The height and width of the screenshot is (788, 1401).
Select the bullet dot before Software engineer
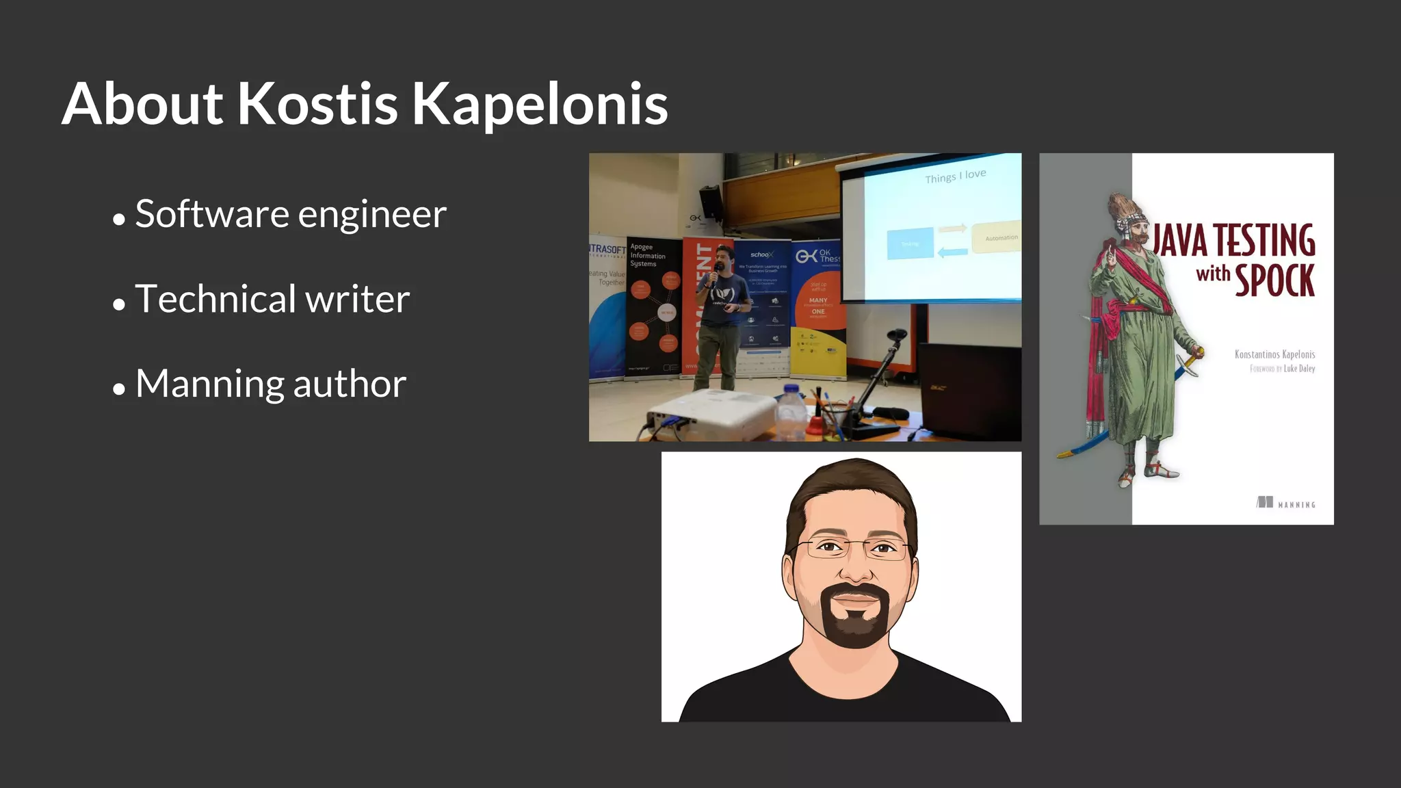click(x=119, y=220)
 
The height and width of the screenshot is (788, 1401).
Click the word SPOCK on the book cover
click(x=1274, y=280)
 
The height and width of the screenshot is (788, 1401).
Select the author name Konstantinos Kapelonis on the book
click(x=1274, y=354)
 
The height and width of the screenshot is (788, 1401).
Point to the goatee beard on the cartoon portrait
click(x=855, y=619)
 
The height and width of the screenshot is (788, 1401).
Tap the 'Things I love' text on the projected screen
click(x=955, y=176)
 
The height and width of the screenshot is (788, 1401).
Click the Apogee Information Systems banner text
click(x=646, y=255)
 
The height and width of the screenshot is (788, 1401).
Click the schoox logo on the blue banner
click(x=761, y=254)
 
